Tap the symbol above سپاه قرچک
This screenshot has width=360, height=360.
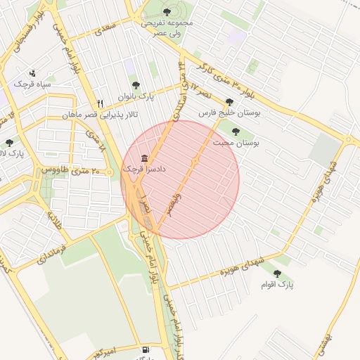(32, 73)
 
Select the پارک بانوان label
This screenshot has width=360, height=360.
(136, 96)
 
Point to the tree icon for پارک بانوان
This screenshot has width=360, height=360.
(136, 85)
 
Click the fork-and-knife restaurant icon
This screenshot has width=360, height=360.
(101, 103)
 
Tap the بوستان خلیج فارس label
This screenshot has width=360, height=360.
(229, 112)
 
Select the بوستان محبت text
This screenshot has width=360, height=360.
(236, 143)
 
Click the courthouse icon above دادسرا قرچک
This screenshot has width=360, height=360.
(144, 157)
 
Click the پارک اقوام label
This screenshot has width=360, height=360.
(277, 284)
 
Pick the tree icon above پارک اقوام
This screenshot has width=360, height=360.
(277, 273)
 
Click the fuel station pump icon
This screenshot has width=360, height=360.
(146, 349)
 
